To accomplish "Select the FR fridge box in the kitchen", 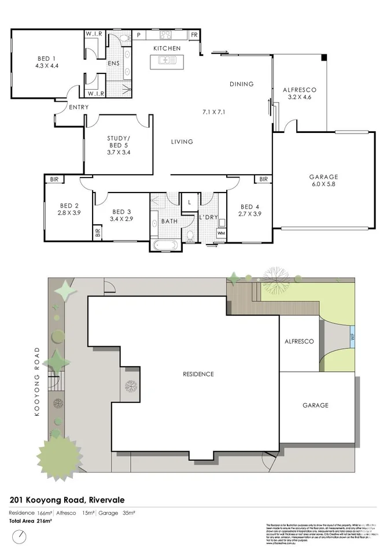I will tap(194, 35).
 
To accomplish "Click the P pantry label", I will tap(139, 35).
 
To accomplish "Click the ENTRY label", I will tap(78, 108).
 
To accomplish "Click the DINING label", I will tap(241, 84).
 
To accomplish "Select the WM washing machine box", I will tap(221, 232).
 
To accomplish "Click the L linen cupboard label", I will tap(189, 202).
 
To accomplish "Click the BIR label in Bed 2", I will tap(54, 180).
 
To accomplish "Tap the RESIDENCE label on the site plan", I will tap(198, 374).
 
